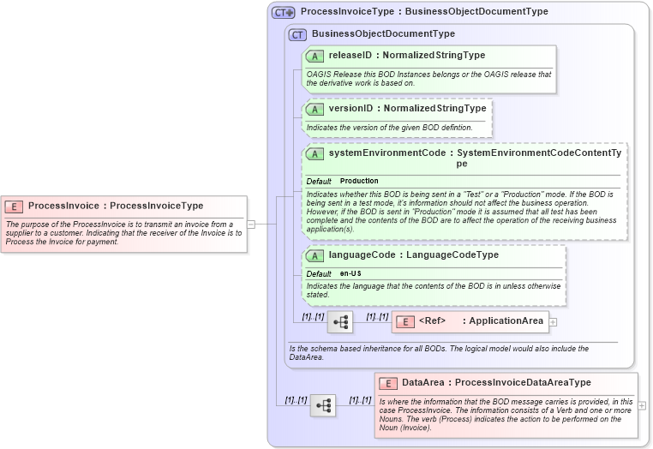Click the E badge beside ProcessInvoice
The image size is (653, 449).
14,206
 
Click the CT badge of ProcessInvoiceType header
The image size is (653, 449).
283,13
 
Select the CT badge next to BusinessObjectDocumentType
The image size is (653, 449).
297,34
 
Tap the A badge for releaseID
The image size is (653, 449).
315,56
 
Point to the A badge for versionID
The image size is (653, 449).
315,109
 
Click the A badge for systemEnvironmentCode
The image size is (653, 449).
315,153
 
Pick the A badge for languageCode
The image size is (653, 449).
315,255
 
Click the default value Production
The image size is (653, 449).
359,182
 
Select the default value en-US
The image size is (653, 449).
350,273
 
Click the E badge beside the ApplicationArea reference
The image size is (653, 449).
408,321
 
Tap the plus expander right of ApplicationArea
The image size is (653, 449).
553,322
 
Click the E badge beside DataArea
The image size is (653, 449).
388,383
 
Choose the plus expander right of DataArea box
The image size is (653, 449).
642,405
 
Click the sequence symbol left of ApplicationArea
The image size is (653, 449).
340,322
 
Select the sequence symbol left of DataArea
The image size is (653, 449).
322,405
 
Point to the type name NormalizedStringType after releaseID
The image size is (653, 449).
434,56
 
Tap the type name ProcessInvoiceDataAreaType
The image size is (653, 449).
523,383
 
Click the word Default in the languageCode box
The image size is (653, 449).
319,273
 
